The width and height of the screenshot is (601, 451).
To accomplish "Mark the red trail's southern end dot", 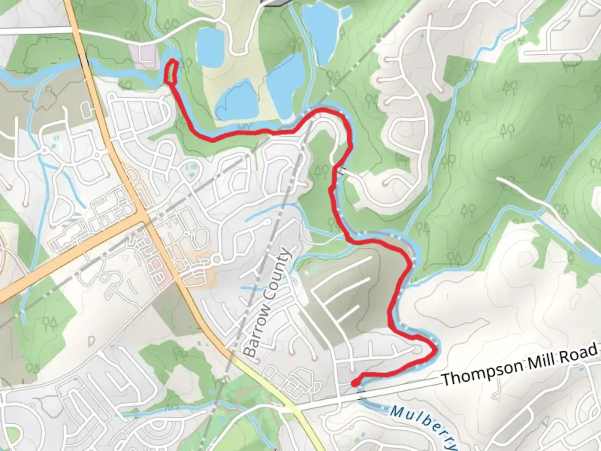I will (354, 383).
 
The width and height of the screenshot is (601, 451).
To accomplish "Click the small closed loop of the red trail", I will (172, 72).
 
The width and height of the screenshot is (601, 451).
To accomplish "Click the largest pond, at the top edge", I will (321, 29).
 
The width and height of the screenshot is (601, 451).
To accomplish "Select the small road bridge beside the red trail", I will (342, 171).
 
